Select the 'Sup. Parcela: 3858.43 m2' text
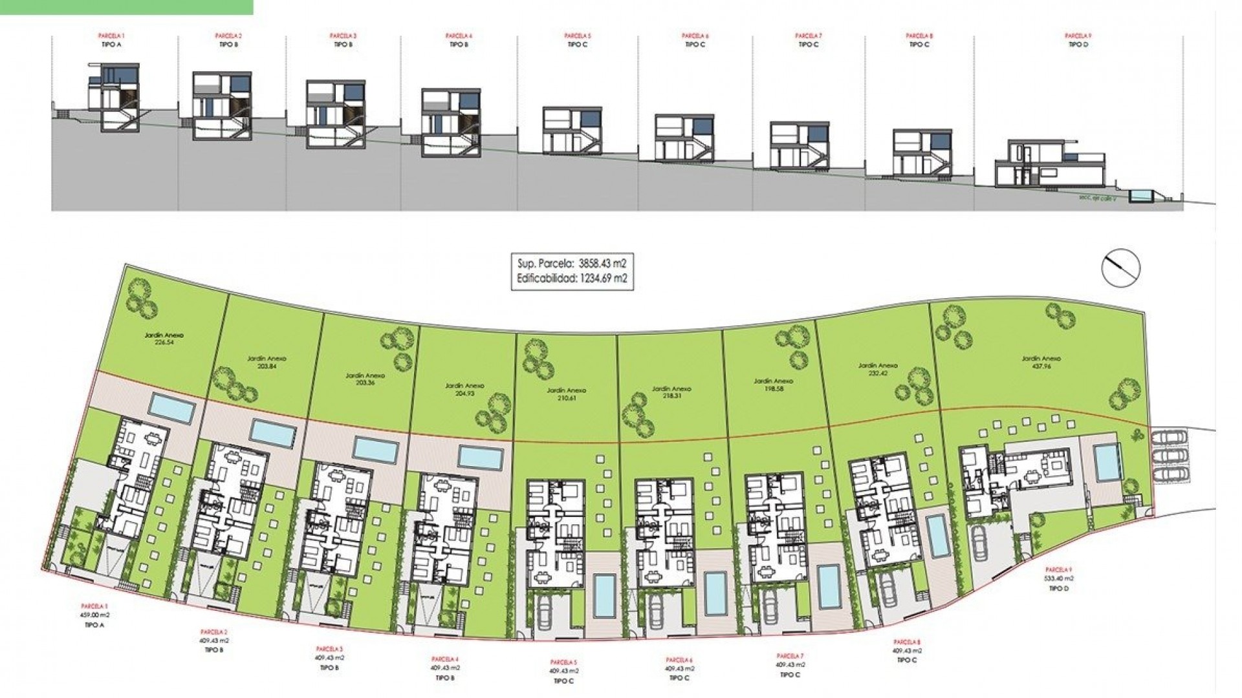[570, 264]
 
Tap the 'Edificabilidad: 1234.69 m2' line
[570, 279]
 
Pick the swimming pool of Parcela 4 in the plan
[481, 457]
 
